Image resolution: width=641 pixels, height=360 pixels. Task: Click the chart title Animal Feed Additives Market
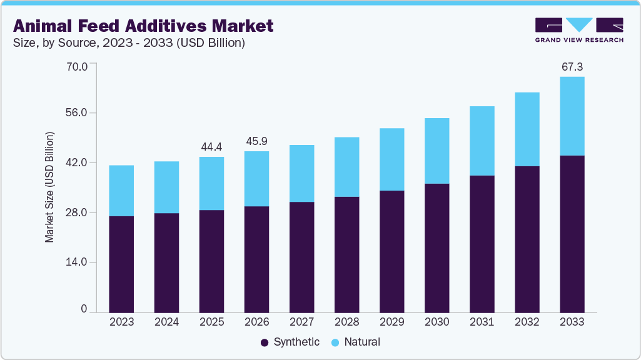[x=143, y=26]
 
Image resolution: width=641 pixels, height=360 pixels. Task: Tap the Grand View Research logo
[x=578, y=30]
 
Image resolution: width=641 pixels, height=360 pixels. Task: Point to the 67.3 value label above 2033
[x=572, y=67]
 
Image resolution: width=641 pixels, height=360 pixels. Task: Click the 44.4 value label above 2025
[x=211, y=147]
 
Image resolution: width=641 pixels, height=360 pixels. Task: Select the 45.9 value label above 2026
[x=256, y=141]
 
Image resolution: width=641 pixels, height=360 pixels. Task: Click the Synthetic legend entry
[x=290, y=342]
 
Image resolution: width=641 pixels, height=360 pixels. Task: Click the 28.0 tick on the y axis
[x=78, y=212]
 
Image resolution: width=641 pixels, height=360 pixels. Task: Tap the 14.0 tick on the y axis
[x=78, y=262]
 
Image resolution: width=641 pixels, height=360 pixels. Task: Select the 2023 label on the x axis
[x=121, y=322]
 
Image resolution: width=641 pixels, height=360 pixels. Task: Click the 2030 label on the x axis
[x=437, y=322]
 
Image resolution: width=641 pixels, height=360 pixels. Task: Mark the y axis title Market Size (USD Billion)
[x=49, y=187]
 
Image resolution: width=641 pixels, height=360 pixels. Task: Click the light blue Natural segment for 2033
[x=572, y=116]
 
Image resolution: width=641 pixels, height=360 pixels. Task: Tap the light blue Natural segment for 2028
[x=346, y=167]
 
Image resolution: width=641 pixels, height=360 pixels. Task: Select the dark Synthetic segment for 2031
[x=482, y=244]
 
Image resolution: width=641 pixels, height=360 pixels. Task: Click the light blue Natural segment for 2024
[x=166, y=187]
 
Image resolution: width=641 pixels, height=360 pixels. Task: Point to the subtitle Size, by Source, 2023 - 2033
[x=129, y=43]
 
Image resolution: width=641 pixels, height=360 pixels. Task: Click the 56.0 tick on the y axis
[x=78, y=113]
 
